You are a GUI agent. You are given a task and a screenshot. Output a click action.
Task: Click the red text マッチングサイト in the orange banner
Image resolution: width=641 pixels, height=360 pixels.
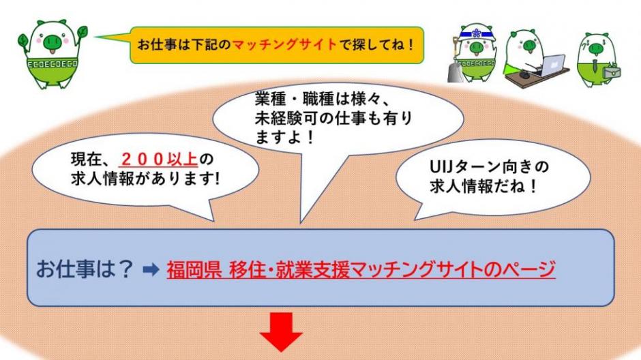pos(284,44)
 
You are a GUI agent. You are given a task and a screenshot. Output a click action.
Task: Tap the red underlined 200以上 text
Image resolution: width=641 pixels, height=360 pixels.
pos(160,160)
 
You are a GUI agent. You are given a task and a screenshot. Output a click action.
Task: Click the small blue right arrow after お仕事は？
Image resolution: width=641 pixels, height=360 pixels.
pos(151,270)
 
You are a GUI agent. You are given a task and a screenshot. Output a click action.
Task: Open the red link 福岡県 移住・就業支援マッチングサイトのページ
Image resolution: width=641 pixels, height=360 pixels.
pos(361,270)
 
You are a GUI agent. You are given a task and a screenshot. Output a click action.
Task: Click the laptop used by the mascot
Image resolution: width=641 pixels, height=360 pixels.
pos(552,65)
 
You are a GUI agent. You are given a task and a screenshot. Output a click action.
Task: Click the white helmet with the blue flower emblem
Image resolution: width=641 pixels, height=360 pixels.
pos(477,33)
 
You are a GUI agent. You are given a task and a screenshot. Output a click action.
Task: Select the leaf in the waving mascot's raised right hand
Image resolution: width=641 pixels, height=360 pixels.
pos(83,31)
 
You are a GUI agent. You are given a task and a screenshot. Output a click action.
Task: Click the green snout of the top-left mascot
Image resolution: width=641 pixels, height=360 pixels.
pos(53,40)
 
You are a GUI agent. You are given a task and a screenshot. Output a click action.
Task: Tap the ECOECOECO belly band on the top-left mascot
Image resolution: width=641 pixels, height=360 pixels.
pos(52,65)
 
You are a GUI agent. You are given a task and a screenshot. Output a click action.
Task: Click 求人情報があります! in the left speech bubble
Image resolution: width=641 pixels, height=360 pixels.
pos(145,179)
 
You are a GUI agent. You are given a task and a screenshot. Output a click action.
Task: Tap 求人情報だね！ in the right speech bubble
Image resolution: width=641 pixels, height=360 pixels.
pos(483,186)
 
